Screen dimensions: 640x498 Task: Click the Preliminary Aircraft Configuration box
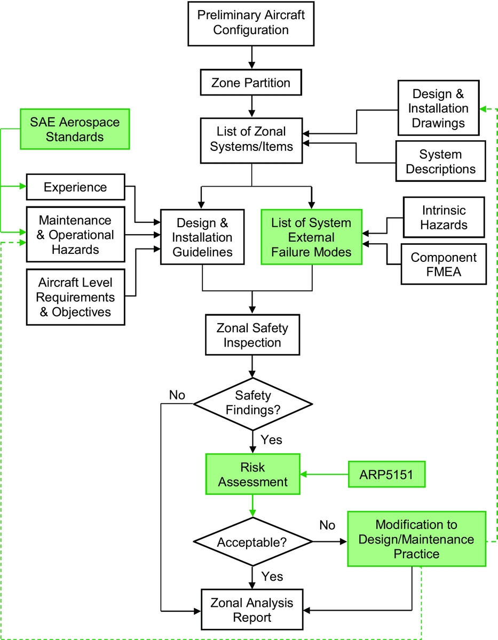(251, 22)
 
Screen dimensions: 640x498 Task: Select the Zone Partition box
(251, 83)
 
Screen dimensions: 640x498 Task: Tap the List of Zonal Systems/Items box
(251, 139)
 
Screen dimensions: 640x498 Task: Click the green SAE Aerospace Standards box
(74, 130)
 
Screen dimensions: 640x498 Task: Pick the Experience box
(75, 187)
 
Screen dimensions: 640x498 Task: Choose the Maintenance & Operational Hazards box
(75, 235)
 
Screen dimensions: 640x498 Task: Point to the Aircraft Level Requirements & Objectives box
(75, 297)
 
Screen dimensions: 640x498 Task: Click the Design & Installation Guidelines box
(202, 237)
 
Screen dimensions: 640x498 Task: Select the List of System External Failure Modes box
(311, 237)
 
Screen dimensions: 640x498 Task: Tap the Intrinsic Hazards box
(444, 217)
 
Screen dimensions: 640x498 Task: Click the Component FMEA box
(444, 265)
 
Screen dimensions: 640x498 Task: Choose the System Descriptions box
(440, 162)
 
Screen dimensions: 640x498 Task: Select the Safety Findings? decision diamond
(252, 403)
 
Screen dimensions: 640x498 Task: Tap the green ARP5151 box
(386, 474)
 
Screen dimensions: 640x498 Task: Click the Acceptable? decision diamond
(252, 542)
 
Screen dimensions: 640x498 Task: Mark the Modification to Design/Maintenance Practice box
(416, 539)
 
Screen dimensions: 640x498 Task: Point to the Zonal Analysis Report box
(252, 610)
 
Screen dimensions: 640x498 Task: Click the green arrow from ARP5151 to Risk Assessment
(325, 474)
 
